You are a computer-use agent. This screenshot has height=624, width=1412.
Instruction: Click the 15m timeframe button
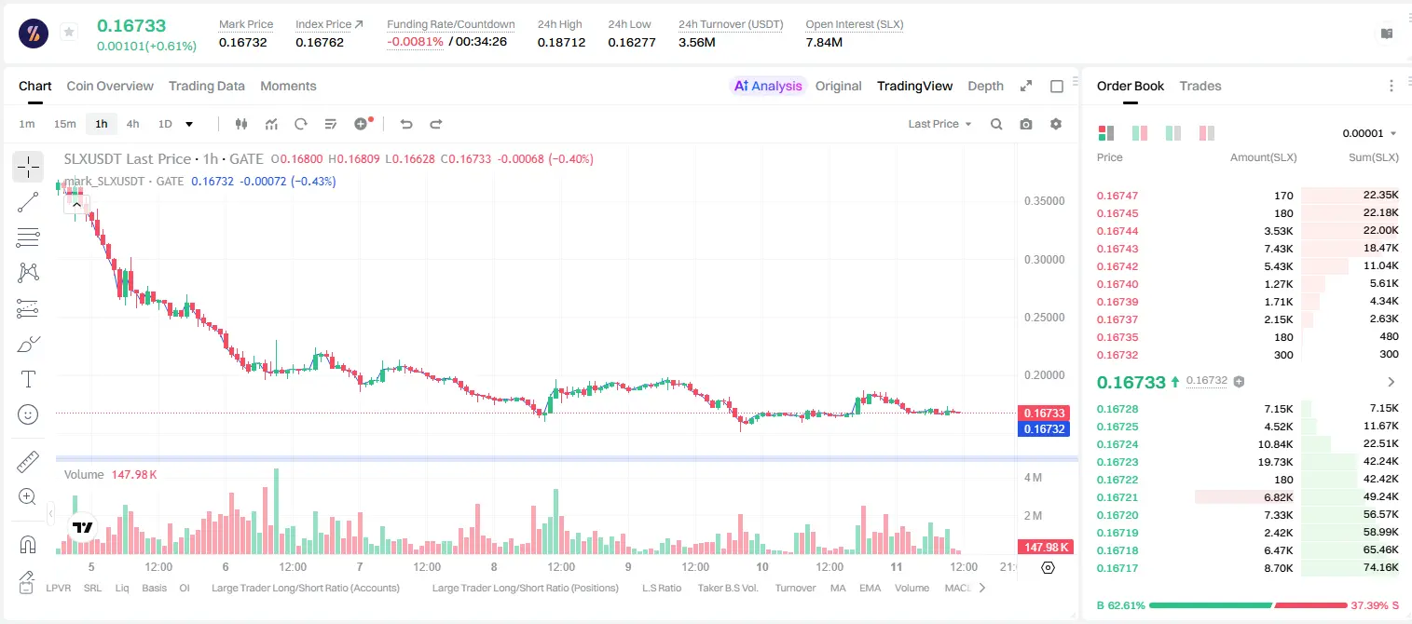coord(65,124)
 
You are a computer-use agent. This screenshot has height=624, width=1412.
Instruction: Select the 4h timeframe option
coord(132,124)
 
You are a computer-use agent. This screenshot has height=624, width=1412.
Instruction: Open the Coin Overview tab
coord(110,86)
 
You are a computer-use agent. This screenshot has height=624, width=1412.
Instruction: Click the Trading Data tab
coord(207,86)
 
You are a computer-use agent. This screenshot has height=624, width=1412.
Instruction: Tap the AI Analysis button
coord(768,86)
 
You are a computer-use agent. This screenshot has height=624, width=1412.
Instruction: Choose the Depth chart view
coord(985,86)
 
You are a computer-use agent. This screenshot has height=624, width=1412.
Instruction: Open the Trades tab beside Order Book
coord(1200,86)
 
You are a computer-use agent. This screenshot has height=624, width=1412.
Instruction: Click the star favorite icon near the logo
coord(69,32)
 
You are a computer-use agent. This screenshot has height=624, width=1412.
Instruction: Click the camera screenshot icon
coord(1026,124)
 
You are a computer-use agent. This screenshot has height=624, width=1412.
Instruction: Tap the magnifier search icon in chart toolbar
coord(996,124)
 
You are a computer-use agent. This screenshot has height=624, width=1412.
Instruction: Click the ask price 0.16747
coord(1117,196)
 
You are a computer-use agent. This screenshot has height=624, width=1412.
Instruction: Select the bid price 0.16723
coord(1117,462)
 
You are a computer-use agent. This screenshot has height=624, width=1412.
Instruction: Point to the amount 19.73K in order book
coord(1275,462)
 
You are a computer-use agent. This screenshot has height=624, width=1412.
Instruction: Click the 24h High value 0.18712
coord(561,42)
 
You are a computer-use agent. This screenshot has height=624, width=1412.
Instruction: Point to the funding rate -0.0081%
coord(415,42)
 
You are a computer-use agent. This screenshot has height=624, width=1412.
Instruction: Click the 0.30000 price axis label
coord(1045,260)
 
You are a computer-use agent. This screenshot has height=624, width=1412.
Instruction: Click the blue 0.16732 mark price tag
coord(1044,428)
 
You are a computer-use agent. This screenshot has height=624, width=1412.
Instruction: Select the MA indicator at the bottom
coord(838,588)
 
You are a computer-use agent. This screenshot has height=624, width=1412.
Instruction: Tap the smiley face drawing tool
coord(28,414)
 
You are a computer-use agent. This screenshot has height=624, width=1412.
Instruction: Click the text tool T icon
coord(28,379)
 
